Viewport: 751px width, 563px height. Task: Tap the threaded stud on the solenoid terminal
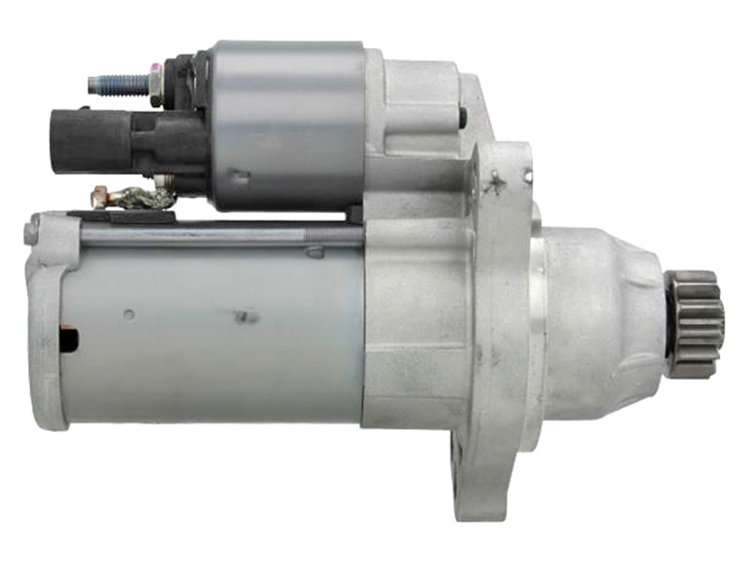[x=116, y=84]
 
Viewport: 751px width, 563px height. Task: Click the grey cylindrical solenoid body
[x=286, y=122]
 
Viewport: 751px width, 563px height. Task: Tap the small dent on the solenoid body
[x=239, y=175]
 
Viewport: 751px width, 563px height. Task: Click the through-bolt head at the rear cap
[x=32, y=228]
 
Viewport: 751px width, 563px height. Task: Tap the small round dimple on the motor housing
[x=129, y=314]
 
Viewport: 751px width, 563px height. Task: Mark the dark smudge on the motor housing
[x=246, y=317]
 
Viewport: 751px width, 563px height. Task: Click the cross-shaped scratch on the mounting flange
[x=492, y=184]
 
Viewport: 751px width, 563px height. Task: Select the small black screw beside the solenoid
[x=463, y=116]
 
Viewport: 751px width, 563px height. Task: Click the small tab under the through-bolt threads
[x=314, y=251]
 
